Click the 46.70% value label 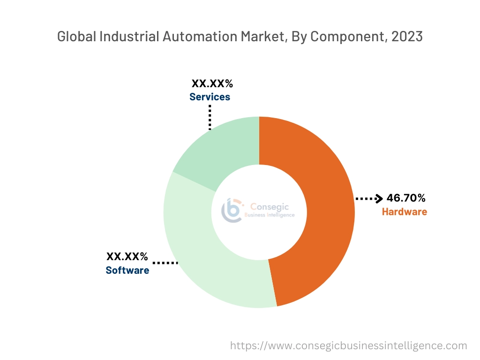[406, 198]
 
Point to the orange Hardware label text [404, 212]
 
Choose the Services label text [210, 97]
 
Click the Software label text [127, 270]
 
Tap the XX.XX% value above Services [212, 84]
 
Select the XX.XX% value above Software [127, 257]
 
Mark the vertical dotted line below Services [210, 117]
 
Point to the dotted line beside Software [165, 263]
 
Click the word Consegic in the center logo [270, 207]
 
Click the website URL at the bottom [348, 346]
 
